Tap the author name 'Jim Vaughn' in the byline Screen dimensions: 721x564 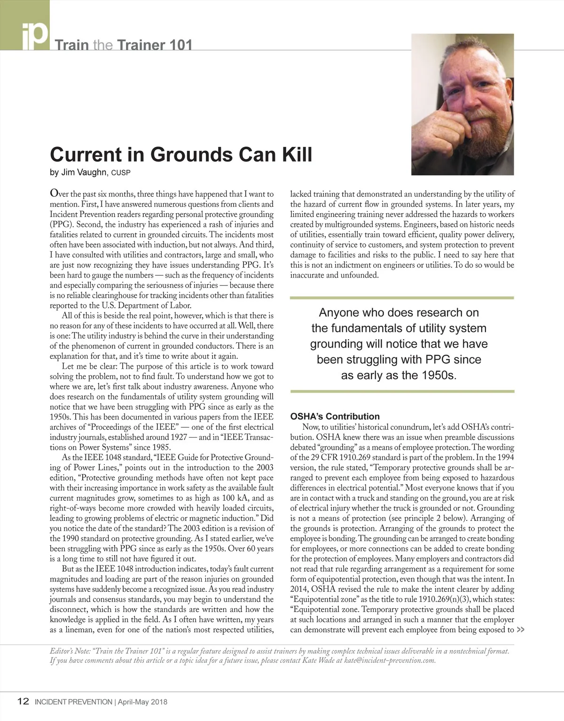[x=84, y=172]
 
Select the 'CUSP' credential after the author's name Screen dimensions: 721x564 [x=120, y=173]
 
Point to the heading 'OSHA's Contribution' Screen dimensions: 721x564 [x=335, y=416]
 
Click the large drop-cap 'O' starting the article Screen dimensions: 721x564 [x=55, y=194]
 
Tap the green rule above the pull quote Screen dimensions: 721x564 [x=402, y=298]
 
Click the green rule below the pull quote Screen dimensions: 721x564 [x=402, y=391]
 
